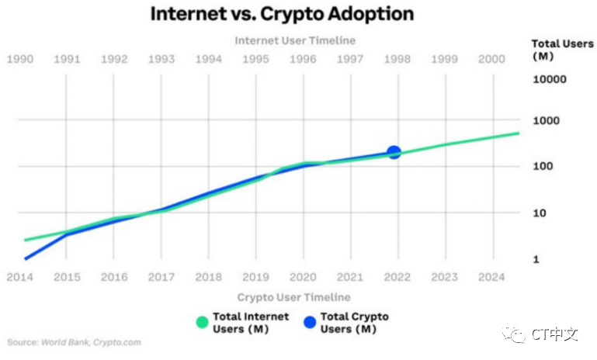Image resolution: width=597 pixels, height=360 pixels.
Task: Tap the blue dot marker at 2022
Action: coord(394,153)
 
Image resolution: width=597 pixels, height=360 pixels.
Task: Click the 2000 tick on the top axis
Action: coord(492,59)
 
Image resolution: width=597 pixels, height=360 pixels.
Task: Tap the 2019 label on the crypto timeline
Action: coord(255,277)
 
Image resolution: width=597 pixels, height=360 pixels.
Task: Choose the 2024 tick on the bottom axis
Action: coord(492,277)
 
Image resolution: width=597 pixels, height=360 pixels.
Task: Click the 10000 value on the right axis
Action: coord(549,79)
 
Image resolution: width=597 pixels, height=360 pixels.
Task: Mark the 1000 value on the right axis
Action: coord(546,121)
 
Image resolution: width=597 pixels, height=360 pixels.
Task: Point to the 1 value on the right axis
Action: coord(536,259)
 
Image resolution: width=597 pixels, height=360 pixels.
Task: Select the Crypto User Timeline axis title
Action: coord(293,297)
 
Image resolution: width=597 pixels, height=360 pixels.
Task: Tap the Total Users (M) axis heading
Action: coord(552,50)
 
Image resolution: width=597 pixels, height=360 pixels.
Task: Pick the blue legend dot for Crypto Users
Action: coord(310,323)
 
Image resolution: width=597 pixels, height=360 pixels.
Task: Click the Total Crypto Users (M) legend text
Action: coord(354,323)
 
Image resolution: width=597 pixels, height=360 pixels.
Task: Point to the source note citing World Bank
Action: coord(75,341)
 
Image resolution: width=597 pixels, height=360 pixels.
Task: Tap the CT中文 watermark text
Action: coord(555,334)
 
